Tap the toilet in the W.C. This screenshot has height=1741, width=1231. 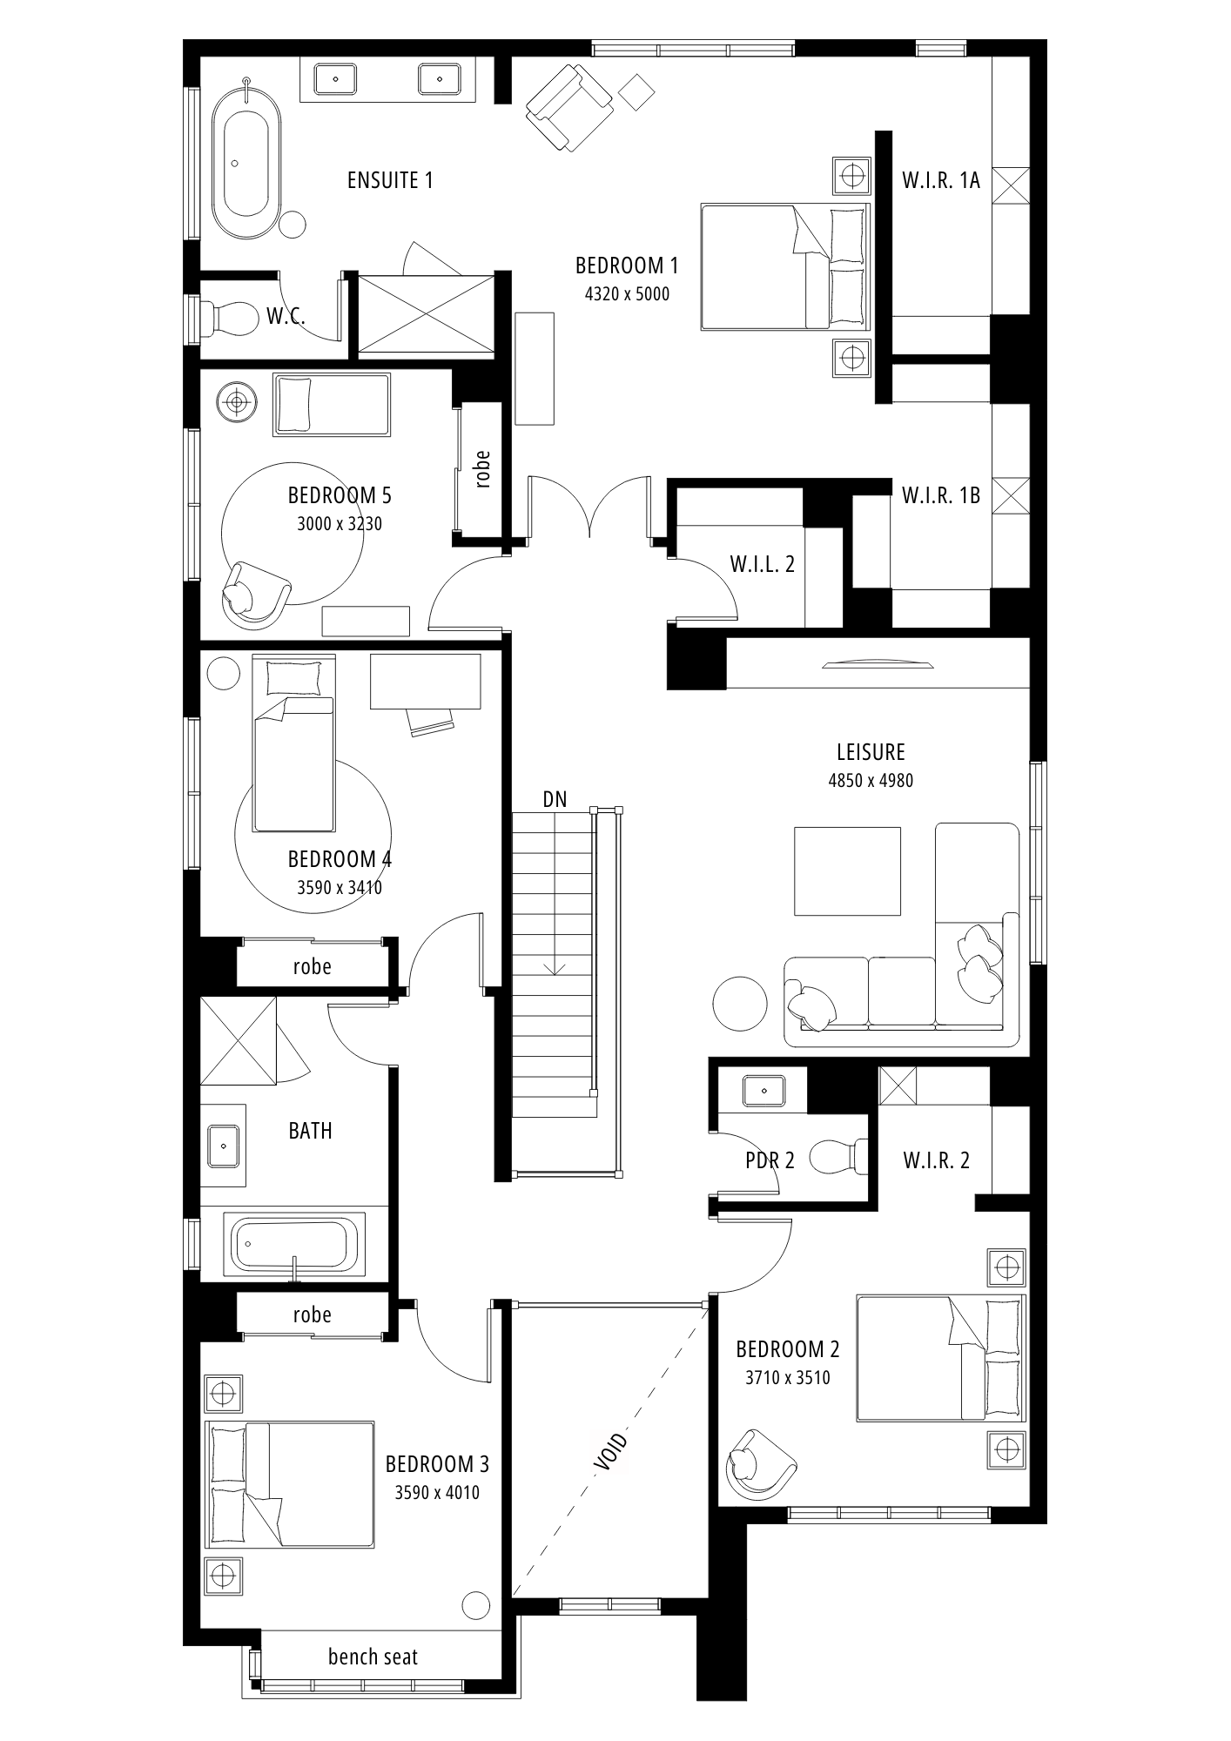pyautogui.click(x=230, y=319)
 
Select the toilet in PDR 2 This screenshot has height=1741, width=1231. pyautogui.click(x=838, y=1157)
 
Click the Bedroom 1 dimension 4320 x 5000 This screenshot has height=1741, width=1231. pyautogui.click(x=627, y=294)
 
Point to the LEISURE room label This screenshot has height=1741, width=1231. pyautogui.click(x=871, y=752)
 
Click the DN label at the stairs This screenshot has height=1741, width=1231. pyautogui.click(x=555, y=799)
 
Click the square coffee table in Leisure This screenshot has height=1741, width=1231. pyautogui.click(x=847, y=870)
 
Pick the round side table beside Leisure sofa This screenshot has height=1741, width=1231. pyautogui.click(x=740, y=1004)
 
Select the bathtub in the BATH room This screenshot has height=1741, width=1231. pyautogui.click(x=294, y=1244)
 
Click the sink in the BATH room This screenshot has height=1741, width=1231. pyautogui.click(x=223, y=1145)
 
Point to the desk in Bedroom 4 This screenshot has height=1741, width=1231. pyautogui.click(x=426, y=682)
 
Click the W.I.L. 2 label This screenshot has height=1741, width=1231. pyautogui.click(x=762, y=564)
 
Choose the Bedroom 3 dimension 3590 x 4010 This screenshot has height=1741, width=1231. pyautogui.click(x=437, y=1493)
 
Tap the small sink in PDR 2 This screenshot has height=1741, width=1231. pyautogui.click(x=763, y=1091)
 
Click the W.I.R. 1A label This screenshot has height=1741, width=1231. pyautogui.click(x=941, y=180)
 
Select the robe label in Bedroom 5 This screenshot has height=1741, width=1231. pyautogui.click(x=483, y=467)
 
